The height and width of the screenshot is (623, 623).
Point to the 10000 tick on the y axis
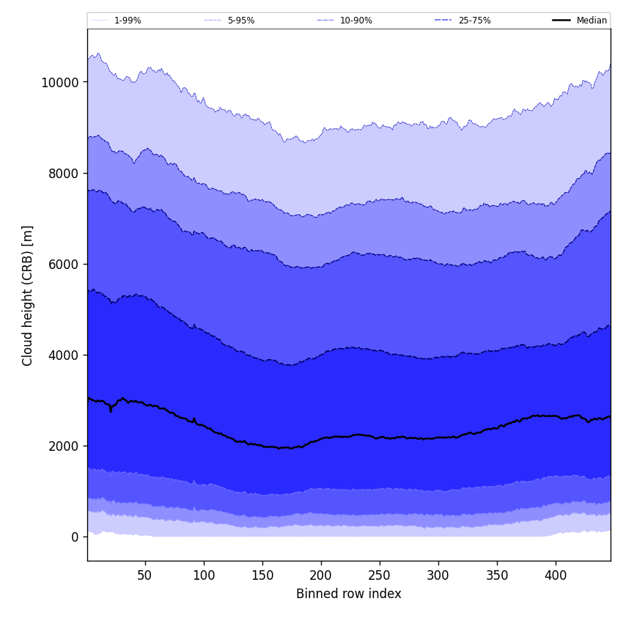click(x=59, y=82)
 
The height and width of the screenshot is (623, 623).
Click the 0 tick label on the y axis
click(x=75, y=537)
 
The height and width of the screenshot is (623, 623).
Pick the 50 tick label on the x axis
click(x=145, y=575)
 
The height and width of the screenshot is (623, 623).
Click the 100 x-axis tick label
click(x=204, y=575)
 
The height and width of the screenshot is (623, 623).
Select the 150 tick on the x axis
click(x=262, y=575)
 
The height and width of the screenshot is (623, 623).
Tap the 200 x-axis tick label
click(x=321, y=575)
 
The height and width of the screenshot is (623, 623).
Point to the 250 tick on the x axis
click(x=380, y=575)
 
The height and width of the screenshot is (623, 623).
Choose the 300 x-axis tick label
click(x=438, y=575)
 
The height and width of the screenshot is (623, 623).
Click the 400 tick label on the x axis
click(x=556, y=575)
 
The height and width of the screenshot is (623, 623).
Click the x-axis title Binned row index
click(x=349, y=594)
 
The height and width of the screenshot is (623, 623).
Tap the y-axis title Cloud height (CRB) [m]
click(x=28, y=295)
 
